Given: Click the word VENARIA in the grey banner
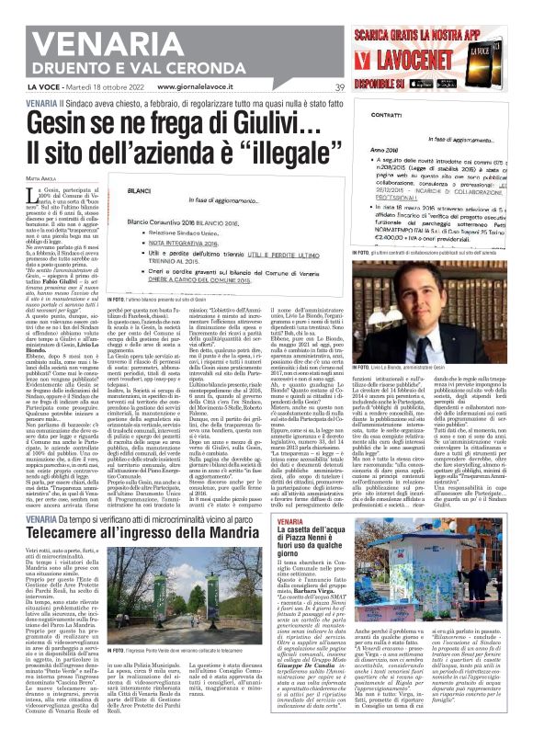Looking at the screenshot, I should tap(65, 18).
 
